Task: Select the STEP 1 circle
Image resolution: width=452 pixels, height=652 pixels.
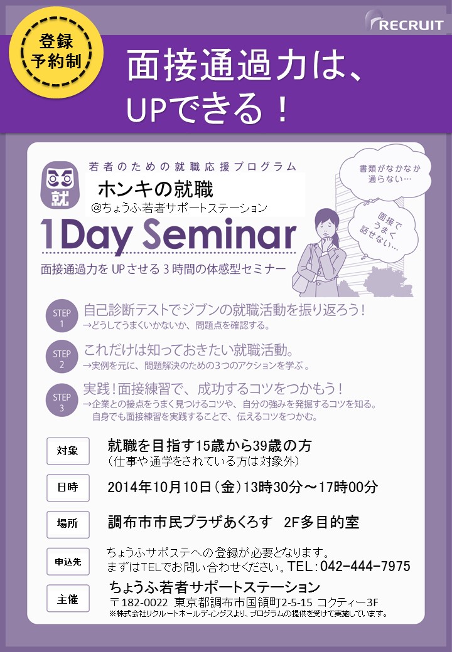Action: (62, 315)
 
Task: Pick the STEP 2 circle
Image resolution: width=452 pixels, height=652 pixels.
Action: (62, 357)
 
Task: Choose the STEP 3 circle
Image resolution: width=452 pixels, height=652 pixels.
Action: (62, 400)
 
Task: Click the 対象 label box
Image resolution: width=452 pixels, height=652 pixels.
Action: (68, 451)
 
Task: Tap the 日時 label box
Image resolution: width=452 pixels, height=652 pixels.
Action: (68, 487)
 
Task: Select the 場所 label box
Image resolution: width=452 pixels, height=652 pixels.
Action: (68, 524)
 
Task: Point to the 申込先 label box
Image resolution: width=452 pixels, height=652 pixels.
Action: (68, 561)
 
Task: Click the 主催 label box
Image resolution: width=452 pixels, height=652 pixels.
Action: (68, 598)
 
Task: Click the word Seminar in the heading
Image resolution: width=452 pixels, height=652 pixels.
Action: (219, 234)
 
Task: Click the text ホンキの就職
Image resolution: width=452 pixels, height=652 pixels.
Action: (155, 189)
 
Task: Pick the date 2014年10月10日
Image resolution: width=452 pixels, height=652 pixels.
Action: (159, 487)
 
